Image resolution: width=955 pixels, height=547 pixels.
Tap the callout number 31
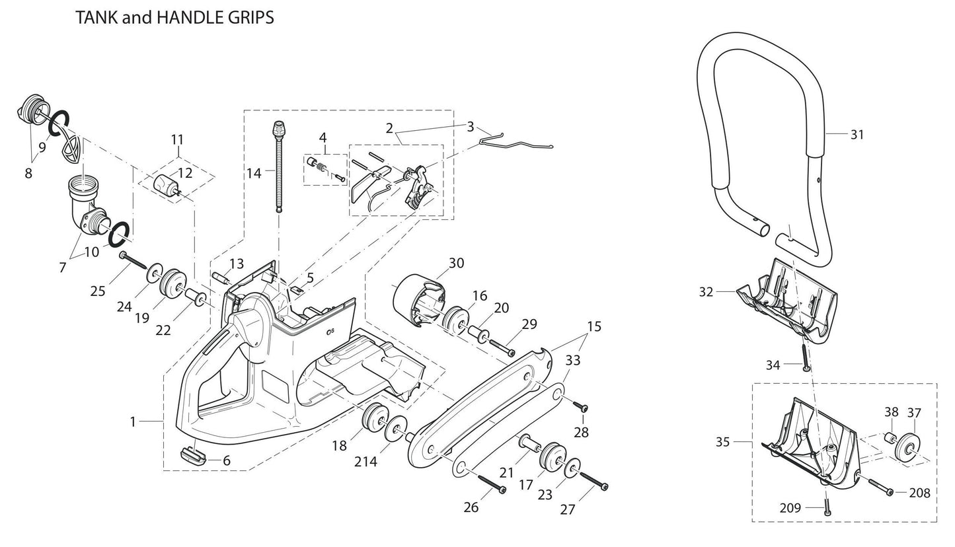coord(857,135)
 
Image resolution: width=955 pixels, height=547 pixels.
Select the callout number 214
coord(365,462)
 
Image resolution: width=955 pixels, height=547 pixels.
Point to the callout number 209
coord(790,508)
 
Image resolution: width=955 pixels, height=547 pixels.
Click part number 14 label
coord(254,173)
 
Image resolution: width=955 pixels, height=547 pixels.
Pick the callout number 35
coord(722,441)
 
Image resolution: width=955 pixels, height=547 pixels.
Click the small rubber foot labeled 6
coord(192,453)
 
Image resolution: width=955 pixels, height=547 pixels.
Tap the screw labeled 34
coord(806,357)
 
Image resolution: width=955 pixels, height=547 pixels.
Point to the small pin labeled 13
coord(219,275)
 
